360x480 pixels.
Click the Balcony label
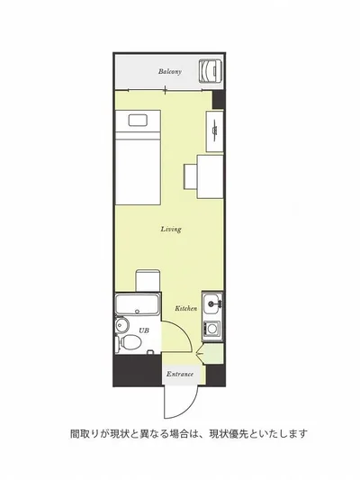[170, 72]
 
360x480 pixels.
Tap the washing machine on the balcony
[210, 71]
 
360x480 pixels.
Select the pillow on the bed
[139, 120]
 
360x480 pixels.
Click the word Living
[171, 229]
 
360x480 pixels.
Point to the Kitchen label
[186, 308]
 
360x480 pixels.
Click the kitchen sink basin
[211, 303]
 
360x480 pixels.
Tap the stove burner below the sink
[211, 329]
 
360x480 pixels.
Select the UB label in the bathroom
[144, 331]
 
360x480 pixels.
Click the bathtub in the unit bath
[137, 304]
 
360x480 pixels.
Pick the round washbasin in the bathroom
[121, 324]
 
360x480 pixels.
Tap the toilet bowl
[130, 343]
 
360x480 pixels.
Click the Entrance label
[180, 374]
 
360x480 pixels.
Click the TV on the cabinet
[215, 131]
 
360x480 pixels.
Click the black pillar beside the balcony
[219, 99]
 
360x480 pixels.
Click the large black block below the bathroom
[138, 370]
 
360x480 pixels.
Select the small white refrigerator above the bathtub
[148, 280]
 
